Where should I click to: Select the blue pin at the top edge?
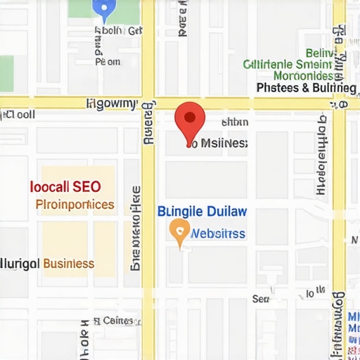point(104,9)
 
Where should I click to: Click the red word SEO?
point(85,187)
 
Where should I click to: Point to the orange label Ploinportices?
point(74,205)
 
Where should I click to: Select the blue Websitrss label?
point(218,233)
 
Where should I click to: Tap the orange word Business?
point(68,264)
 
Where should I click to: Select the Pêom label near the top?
point(107,61)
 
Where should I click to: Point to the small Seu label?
point(261,299)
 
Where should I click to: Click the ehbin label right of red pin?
point(235,122)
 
